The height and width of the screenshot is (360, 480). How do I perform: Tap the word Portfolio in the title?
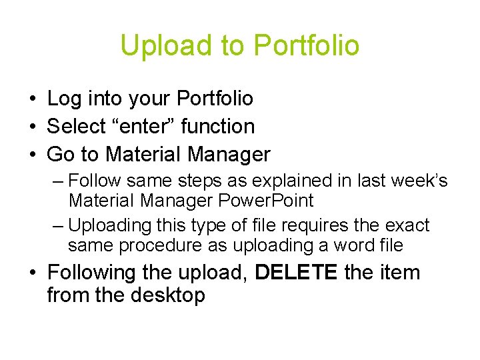point(307,45)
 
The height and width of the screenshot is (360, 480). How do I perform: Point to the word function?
point(218,127)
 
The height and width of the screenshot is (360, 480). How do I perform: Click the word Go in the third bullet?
point(61,155)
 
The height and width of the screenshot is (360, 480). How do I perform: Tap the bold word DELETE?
point(296,273)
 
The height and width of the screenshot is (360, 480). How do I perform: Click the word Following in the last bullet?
point(91,273)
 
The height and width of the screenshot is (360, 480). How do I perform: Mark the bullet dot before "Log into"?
point(32,99)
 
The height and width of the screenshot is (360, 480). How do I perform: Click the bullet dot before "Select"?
point(32,127)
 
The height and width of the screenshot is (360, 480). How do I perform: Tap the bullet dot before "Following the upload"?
point(32,273)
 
